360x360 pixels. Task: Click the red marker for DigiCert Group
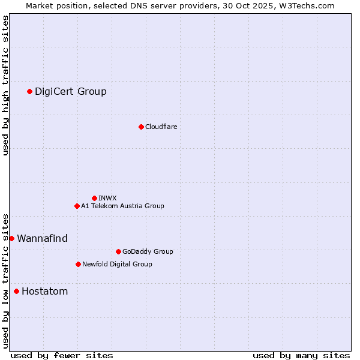click(x=29, y=91)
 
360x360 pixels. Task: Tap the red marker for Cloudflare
click(x=141, y=127)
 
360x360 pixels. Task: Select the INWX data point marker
click(x=94, y=198)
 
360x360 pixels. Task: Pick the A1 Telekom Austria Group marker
click(x=77, y=206)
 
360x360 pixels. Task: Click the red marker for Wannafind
click(x=11, y=238)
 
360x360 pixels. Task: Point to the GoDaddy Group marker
click(x=118, y=251)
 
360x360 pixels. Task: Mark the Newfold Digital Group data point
click(x=78, y=264)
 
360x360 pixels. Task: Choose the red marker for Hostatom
click(x=16, y=292)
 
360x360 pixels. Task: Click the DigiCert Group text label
click(x=71, y=91)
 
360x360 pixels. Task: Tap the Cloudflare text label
click(x=161, y=127)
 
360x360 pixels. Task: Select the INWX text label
click(x=107, y=198)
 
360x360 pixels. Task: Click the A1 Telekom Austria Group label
click(x=122, y=206)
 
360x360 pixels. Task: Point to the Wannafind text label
click(x=42, y=238)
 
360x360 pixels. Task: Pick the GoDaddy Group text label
click(x=148, y=251)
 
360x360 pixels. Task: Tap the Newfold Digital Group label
click(x=117, y=264)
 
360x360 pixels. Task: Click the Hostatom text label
click(x=44, y=292)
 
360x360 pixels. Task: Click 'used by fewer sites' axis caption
click(x=62, y=355)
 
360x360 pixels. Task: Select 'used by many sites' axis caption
click(x=301, y=355)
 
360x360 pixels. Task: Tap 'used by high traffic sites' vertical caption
click(x=6, y=85)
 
